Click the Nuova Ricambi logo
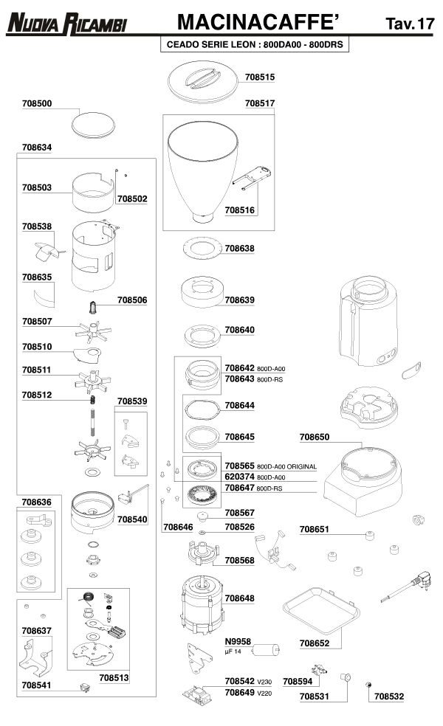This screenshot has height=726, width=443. coord(67,24)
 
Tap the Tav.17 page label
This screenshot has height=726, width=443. coord(410,24)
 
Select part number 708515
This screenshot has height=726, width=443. coord(260,77)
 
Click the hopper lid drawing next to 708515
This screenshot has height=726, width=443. coord(202,80)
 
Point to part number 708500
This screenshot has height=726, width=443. coord(37,104)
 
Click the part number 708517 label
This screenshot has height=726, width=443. coord(260,104)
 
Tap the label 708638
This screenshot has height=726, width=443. coord(239,249)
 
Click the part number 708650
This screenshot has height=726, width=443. coord(315,438)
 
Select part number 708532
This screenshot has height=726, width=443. coord(389,696)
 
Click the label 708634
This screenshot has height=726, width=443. coord(37,148)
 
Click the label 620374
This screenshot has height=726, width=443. coord(239,477)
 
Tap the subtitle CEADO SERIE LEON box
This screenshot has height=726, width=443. coord(255,44)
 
